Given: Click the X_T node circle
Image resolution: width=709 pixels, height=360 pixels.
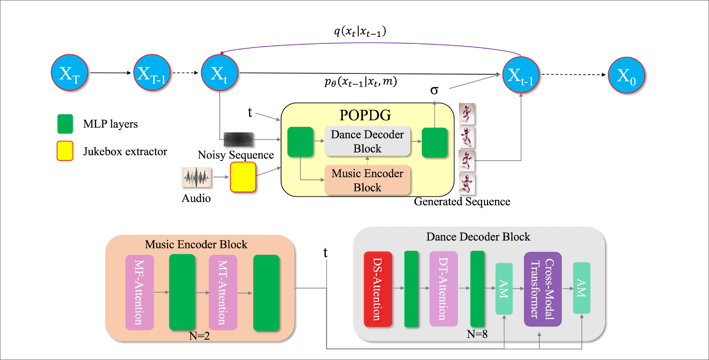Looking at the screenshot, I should (x=70, y=73).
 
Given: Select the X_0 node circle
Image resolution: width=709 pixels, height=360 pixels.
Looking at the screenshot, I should (x=626, y=75).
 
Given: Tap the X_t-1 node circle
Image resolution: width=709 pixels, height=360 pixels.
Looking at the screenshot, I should (x=521, y=75).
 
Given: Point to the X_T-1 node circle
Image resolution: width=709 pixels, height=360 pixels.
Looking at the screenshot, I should (x=152, y=73).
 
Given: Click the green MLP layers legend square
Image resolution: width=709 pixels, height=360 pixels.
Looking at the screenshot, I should (x=65, y=124).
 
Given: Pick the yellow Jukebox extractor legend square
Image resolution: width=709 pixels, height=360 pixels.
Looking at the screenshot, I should (x=65, y=151).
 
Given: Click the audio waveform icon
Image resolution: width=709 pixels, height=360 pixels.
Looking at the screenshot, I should (x=196, y=177).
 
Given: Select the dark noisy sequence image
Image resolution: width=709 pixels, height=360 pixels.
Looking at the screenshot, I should (x=239, y=139).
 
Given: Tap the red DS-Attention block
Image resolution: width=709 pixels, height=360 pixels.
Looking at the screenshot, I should (x=378, y=289).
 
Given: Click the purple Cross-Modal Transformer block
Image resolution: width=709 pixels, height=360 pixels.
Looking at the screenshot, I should (x=543, y=289).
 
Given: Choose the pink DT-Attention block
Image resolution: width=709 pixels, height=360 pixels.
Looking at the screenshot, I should (x=443, y=289).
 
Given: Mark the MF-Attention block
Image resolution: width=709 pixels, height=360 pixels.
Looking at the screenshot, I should (x=139, y=292).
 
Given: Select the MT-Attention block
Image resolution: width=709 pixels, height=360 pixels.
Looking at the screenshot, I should (x=223, y=292).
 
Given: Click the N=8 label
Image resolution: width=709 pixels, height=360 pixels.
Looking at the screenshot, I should (x=477, y=334).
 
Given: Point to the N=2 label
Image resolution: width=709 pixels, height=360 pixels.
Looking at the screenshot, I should (x=199, y=336).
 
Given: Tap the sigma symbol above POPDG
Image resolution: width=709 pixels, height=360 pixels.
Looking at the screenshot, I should (x=434, y=90).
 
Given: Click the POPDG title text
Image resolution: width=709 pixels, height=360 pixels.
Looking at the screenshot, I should (x=365, y=115).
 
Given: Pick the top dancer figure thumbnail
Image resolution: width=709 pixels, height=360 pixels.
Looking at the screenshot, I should (x=467, y=114).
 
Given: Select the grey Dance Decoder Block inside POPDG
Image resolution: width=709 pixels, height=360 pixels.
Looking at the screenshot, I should (x=368, y=142).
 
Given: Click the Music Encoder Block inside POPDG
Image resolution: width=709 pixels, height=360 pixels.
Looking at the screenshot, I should (x=368, y=180).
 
